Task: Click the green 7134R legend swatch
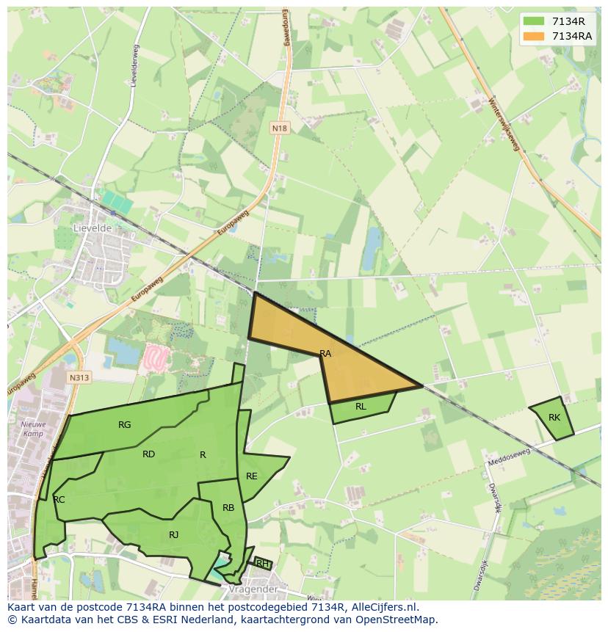coord(534,21)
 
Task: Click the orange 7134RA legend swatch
coord(534,35)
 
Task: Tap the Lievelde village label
coord(92,228)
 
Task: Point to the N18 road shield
coord(279,128)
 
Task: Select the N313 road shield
coord(79,378)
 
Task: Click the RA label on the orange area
coord(325,354)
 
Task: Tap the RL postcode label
coord(361,407)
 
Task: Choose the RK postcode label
coord(554,418)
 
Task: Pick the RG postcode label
coord(125,425)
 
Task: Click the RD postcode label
coord(148,454)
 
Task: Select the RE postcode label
coord(252,476)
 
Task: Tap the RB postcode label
coord(228,508)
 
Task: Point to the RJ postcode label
coord(173,535)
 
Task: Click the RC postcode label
coord(59,500)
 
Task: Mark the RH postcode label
coord(261,564)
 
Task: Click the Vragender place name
coord(252,589)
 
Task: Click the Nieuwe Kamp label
coord(32,429)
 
